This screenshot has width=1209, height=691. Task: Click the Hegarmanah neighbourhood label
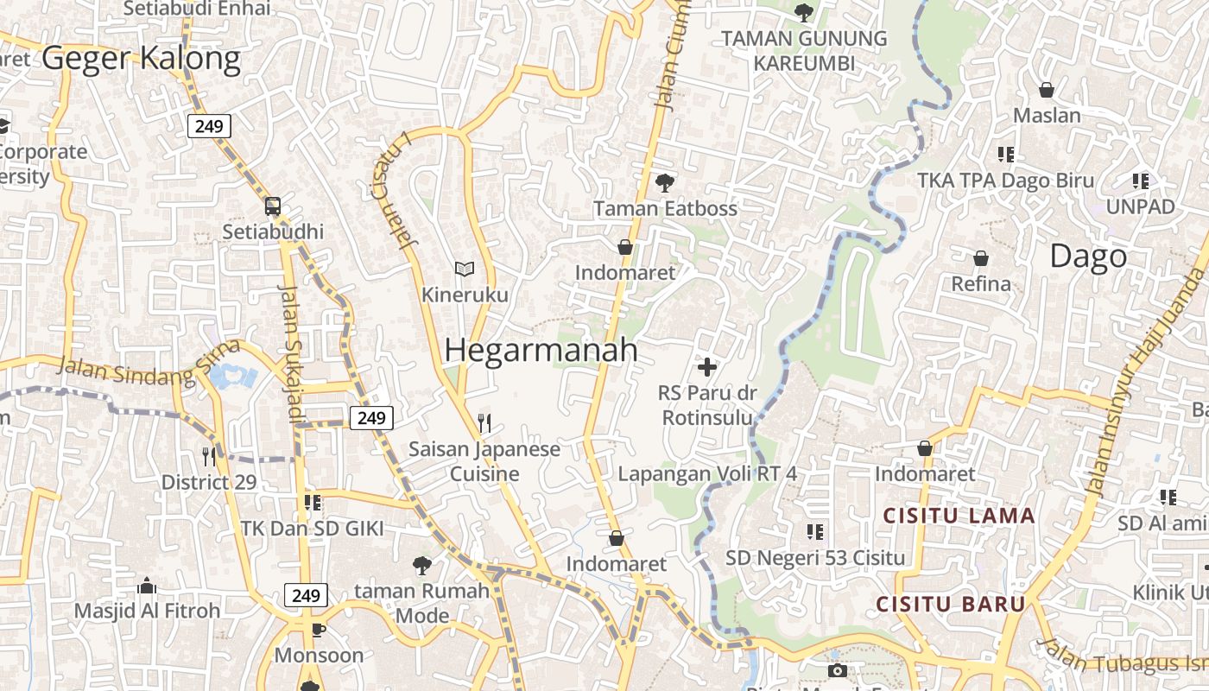click(x=541, y=350)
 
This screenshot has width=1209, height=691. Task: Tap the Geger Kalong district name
click(x=141, y=58)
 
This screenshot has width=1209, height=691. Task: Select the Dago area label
click(x=1088, y=256)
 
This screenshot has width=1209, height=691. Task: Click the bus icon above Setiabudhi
click(x=273, y=206)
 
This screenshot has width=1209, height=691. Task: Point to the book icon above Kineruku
click(x=465, y=269)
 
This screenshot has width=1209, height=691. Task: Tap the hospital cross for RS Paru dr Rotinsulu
click(x=707, y=367)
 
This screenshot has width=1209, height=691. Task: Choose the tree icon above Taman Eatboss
click(x=664, y=182)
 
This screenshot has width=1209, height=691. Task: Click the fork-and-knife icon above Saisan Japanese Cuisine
click(x=484, y=422)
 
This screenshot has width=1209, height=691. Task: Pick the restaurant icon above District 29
click(x=209, y=455)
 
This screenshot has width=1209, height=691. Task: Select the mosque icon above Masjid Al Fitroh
click(x=147, y=586)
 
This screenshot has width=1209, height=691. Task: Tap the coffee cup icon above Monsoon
click(x=318, y=630)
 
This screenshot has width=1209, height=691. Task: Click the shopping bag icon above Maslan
click(x=1047, y=90)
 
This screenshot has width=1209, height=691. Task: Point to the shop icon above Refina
click(x=981, y=257)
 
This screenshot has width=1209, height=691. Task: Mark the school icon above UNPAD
click(x=1141, y=181)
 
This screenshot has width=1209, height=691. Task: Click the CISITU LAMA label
click(x=959, y=516)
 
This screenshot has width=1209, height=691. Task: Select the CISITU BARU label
click(x=951, y=604)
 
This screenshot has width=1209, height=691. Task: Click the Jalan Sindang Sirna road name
click(x=149, y=364)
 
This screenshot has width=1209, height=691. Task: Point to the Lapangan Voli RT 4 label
click(x=707, y=474)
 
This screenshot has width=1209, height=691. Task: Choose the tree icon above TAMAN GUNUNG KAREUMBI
click(x=804, y=12)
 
